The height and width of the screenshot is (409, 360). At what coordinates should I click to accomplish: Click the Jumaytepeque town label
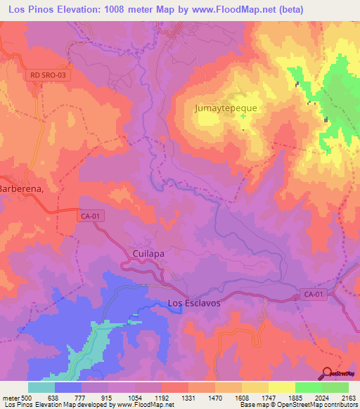click(x=226, y=108)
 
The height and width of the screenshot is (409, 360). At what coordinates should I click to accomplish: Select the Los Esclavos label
click(x=194, y=304)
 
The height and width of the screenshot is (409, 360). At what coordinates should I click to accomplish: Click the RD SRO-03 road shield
click(x=51, y=74)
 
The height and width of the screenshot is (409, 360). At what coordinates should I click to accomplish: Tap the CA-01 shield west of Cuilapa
click(x=91, y=217)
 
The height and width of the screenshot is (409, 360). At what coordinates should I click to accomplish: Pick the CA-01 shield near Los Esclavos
click(x=314, y=294)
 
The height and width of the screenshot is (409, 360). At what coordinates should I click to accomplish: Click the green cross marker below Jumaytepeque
click(x=243, y=116)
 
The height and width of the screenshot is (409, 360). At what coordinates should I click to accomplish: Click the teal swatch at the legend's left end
click(x=41, y=387)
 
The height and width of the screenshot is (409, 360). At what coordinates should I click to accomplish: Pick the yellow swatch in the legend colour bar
click(x=281, y=387)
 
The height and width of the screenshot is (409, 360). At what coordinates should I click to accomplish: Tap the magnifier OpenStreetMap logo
click(x=327, y=374)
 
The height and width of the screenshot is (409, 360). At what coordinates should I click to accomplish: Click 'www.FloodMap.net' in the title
click(x=226, y=9)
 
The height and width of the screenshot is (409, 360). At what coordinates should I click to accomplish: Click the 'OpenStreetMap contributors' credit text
click(x=317, y=405)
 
